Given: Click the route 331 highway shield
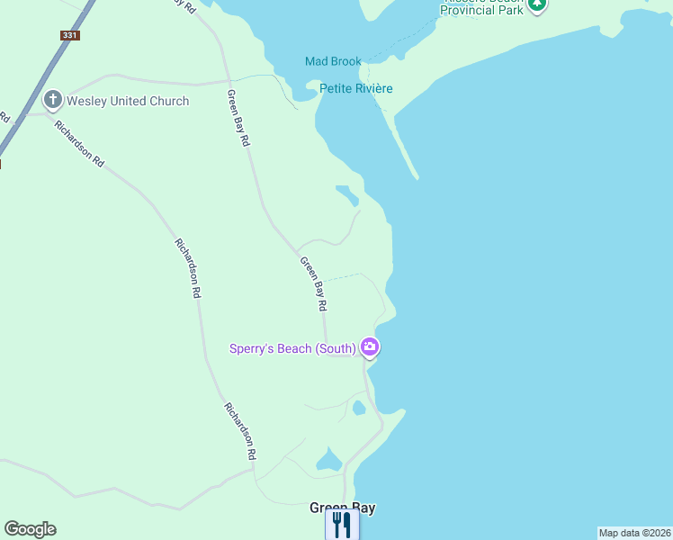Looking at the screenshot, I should pyautogui.click(x=70, y=35).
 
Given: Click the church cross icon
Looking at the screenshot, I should pyautogui.click(x=53, y=100).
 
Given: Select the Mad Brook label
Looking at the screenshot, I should pyautogui.click(x=333, y=61).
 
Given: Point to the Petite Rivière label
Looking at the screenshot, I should pyautogui.click(x=356, y=88).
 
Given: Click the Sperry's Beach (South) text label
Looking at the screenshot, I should pyautogui.click(x=292, y=348).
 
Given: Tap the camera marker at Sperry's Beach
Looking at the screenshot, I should pyautogui.click(x=370, y=346).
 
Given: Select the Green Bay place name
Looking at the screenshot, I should pyautogui.click(x=342, y=508).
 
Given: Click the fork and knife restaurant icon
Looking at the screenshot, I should pyautogui.click(x=341, y=525).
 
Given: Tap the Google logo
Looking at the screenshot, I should pyautogui.click(x=30, y=529).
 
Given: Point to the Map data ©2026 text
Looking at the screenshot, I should pyautogui.click(x=634, y=533).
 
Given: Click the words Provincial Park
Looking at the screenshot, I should pyautogui.click(x=482, y=10).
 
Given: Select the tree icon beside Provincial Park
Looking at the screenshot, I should pyautogui.click(x=537, y=4).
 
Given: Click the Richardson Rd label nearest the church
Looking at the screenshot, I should pyautogui.click(x=79, y=144).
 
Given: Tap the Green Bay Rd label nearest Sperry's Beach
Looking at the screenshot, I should pyautogui.click(x=313, y=284).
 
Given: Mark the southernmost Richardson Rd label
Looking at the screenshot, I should pyautogui.click(x=241, y=431).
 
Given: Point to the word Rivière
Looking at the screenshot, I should pyautogui.click(x=375, y=88).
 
